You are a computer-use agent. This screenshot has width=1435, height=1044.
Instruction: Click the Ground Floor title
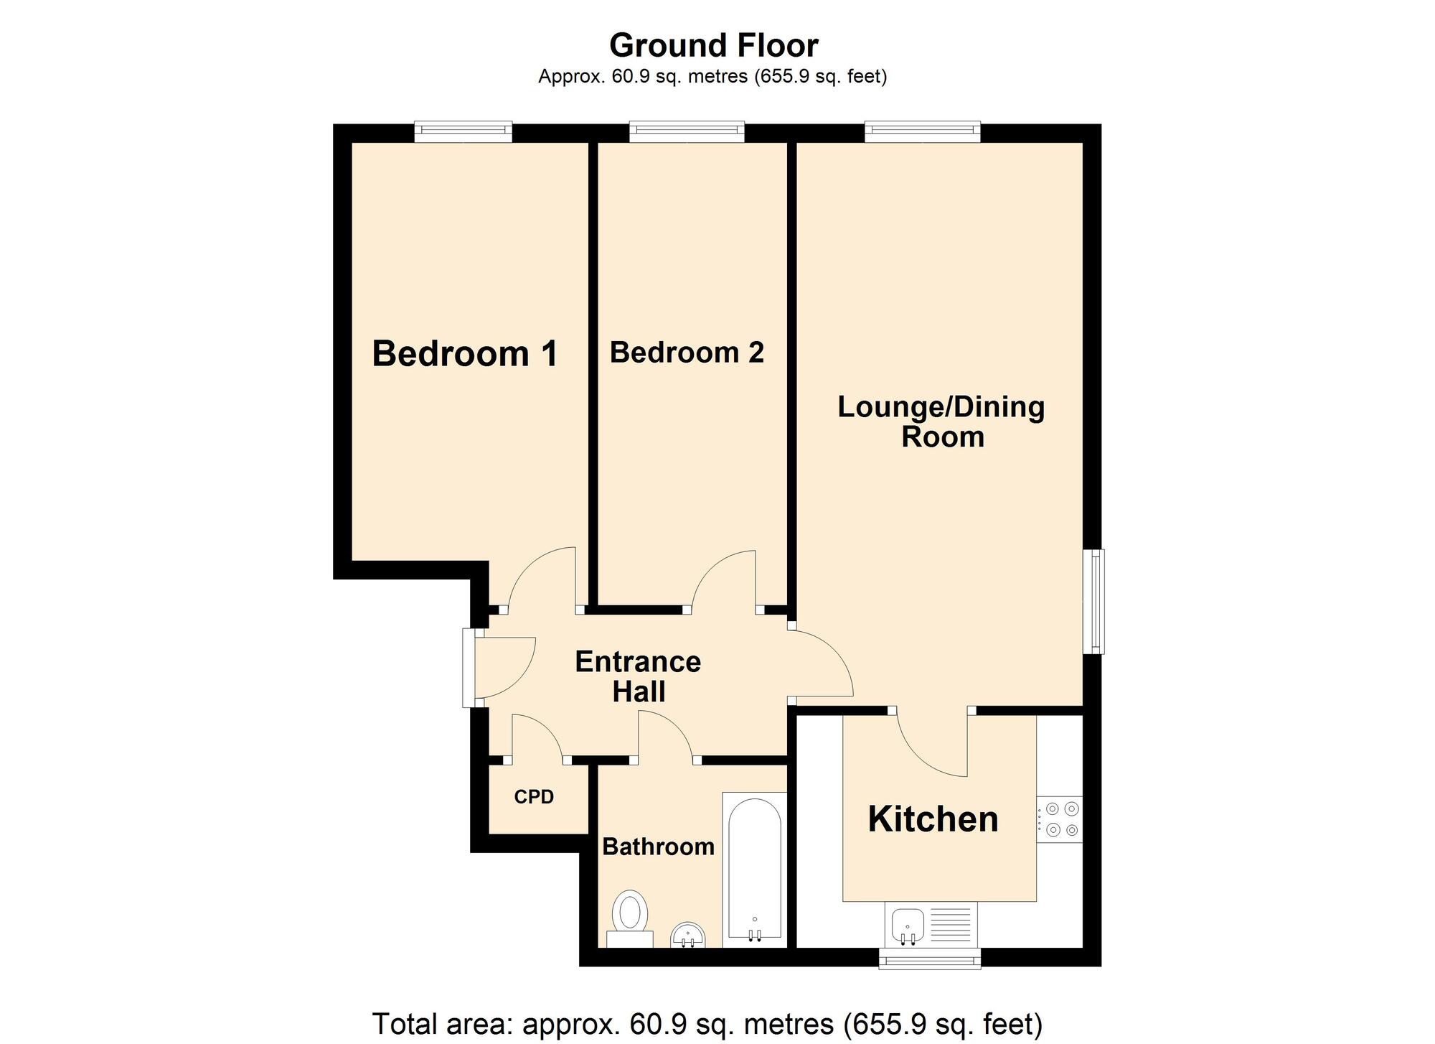713,46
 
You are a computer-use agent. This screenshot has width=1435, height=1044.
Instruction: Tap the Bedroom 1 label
464,354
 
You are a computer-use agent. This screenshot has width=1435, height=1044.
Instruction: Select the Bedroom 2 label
687,353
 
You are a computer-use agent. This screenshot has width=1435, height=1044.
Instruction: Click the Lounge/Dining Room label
941,421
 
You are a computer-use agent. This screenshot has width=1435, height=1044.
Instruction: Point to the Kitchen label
933,819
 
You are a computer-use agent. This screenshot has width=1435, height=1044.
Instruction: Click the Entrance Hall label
638,676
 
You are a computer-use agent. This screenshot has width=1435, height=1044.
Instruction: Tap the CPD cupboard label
534,797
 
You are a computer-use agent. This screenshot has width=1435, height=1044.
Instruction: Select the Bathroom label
658,847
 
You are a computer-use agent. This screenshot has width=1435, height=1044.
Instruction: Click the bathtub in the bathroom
754,869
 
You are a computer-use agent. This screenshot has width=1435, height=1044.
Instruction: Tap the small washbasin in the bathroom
689,936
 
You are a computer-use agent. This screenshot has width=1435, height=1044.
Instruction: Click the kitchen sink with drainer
931,924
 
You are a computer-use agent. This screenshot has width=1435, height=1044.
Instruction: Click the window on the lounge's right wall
1095,602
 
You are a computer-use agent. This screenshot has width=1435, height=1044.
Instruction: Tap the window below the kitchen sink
930,959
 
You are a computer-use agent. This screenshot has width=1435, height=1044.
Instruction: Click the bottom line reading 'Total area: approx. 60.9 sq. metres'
707,1024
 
